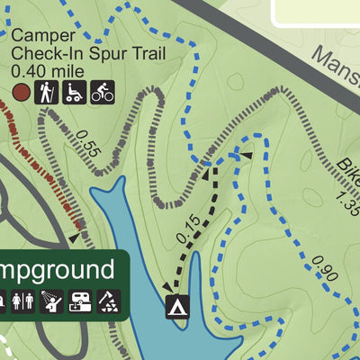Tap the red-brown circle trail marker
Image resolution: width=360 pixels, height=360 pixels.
point(20,91)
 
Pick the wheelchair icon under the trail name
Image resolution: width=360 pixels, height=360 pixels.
point(74,91)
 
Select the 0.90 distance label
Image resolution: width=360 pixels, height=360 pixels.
point(323,267)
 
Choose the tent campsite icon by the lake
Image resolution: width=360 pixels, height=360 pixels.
point(176,306)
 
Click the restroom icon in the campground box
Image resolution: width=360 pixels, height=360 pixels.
point(23,301)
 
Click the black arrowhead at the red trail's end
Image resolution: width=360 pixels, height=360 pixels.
point(72,238)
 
